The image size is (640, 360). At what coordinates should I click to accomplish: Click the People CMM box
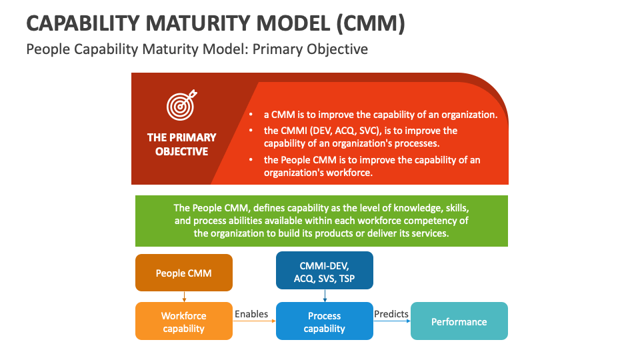tap(184, 273)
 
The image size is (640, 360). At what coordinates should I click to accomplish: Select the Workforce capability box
tap(184, 321)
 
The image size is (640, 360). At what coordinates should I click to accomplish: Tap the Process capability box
tap(325, 321)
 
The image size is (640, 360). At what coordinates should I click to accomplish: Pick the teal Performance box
tap(459, 321)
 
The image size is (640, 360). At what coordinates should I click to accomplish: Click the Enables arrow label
tap(251, 314)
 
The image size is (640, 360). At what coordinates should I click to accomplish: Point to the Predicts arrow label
tap(391, 314)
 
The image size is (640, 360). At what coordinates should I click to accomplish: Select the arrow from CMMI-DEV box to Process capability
tap(325, 296)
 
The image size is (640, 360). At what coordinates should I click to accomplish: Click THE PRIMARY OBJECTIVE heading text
tap(182, 144)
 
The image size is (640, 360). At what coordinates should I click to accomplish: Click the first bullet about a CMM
tap(381, 115)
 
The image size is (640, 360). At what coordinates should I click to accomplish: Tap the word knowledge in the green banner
tap(391, 207)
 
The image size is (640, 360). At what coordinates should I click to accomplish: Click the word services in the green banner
tap(431, 234)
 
